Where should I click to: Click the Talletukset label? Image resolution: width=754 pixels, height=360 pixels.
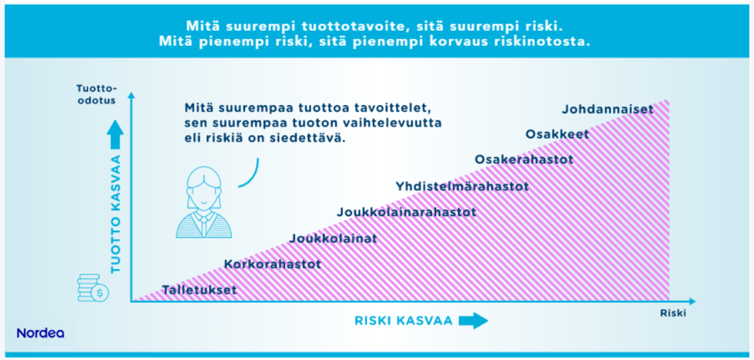click(199, 290)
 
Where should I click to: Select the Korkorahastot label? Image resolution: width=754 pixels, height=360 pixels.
click(273, 264)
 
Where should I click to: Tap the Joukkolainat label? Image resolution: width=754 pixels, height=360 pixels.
click(334, 238)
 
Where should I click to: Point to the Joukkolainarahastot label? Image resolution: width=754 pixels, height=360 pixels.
click(407, 212)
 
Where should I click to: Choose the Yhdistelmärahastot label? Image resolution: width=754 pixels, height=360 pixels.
click(462, 186)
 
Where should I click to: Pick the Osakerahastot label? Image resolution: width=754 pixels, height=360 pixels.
click(524, 159)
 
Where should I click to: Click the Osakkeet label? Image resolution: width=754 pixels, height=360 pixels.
click(557, 134)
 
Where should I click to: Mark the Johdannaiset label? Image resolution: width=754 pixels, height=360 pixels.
click(608, 110)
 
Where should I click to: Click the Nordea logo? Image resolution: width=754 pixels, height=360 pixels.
click(41, 333)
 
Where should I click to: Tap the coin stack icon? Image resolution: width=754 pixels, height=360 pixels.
click(93, 287)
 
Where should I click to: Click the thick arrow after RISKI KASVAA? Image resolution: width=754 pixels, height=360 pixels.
click(474, 321)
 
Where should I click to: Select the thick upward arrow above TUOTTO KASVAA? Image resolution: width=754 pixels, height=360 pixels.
click(116, 134)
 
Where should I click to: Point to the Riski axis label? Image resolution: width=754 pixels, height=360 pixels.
click(673, 313)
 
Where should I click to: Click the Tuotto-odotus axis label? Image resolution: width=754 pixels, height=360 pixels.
click(97, 93)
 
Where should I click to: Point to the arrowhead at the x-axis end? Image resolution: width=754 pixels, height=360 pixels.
click(692, 302)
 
